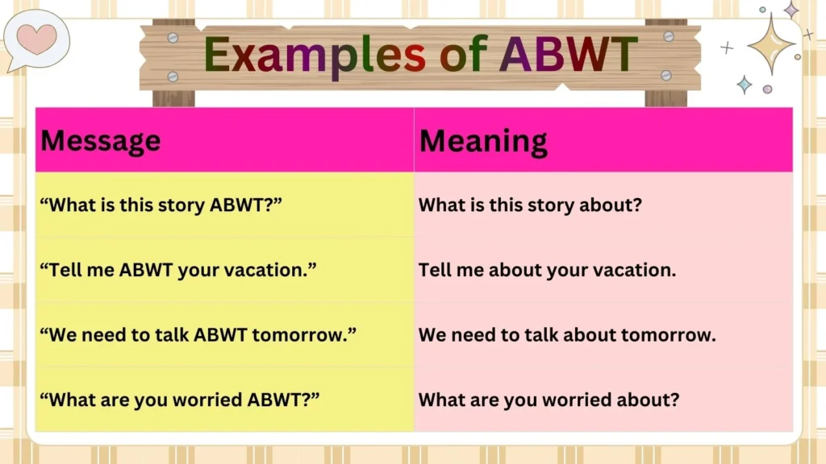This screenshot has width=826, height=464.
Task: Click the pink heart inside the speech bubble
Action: [35, 39]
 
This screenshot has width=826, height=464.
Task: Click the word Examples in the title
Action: [315, 55]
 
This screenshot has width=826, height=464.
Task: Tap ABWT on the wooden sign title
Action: [569, 55]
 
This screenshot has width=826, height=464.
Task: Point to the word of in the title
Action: [463, 55]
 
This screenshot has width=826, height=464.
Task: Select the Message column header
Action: [101, 141]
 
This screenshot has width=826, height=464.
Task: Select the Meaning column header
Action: [483, 141]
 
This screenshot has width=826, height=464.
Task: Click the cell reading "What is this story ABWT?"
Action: [161, 205]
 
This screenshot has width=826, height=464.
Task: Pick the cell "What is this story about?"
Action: [530, 205]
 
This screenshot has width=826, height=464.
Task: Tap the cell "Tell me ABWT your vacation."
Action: [178, 270]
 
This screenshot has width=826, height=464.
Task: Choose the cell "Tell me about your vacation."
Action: [547, 270]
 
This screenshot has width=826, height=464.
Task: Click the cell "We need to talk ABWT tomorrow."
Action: [198, 334]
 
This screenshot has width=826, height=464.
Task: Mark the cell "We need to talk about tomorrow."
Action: [567, 334]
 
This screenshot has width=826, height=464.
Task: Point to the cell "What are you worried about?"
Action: [549, 400]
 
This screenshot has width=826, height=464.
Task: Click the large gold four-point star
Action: [771, 43]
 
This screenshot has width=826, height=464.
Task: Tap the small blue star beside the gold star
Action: [745, 84]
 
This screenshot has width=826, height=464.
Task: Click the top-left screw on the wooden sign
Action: [172, 38]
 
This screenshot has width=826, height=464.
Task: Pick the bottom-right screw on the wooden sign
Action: [665, 75]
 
